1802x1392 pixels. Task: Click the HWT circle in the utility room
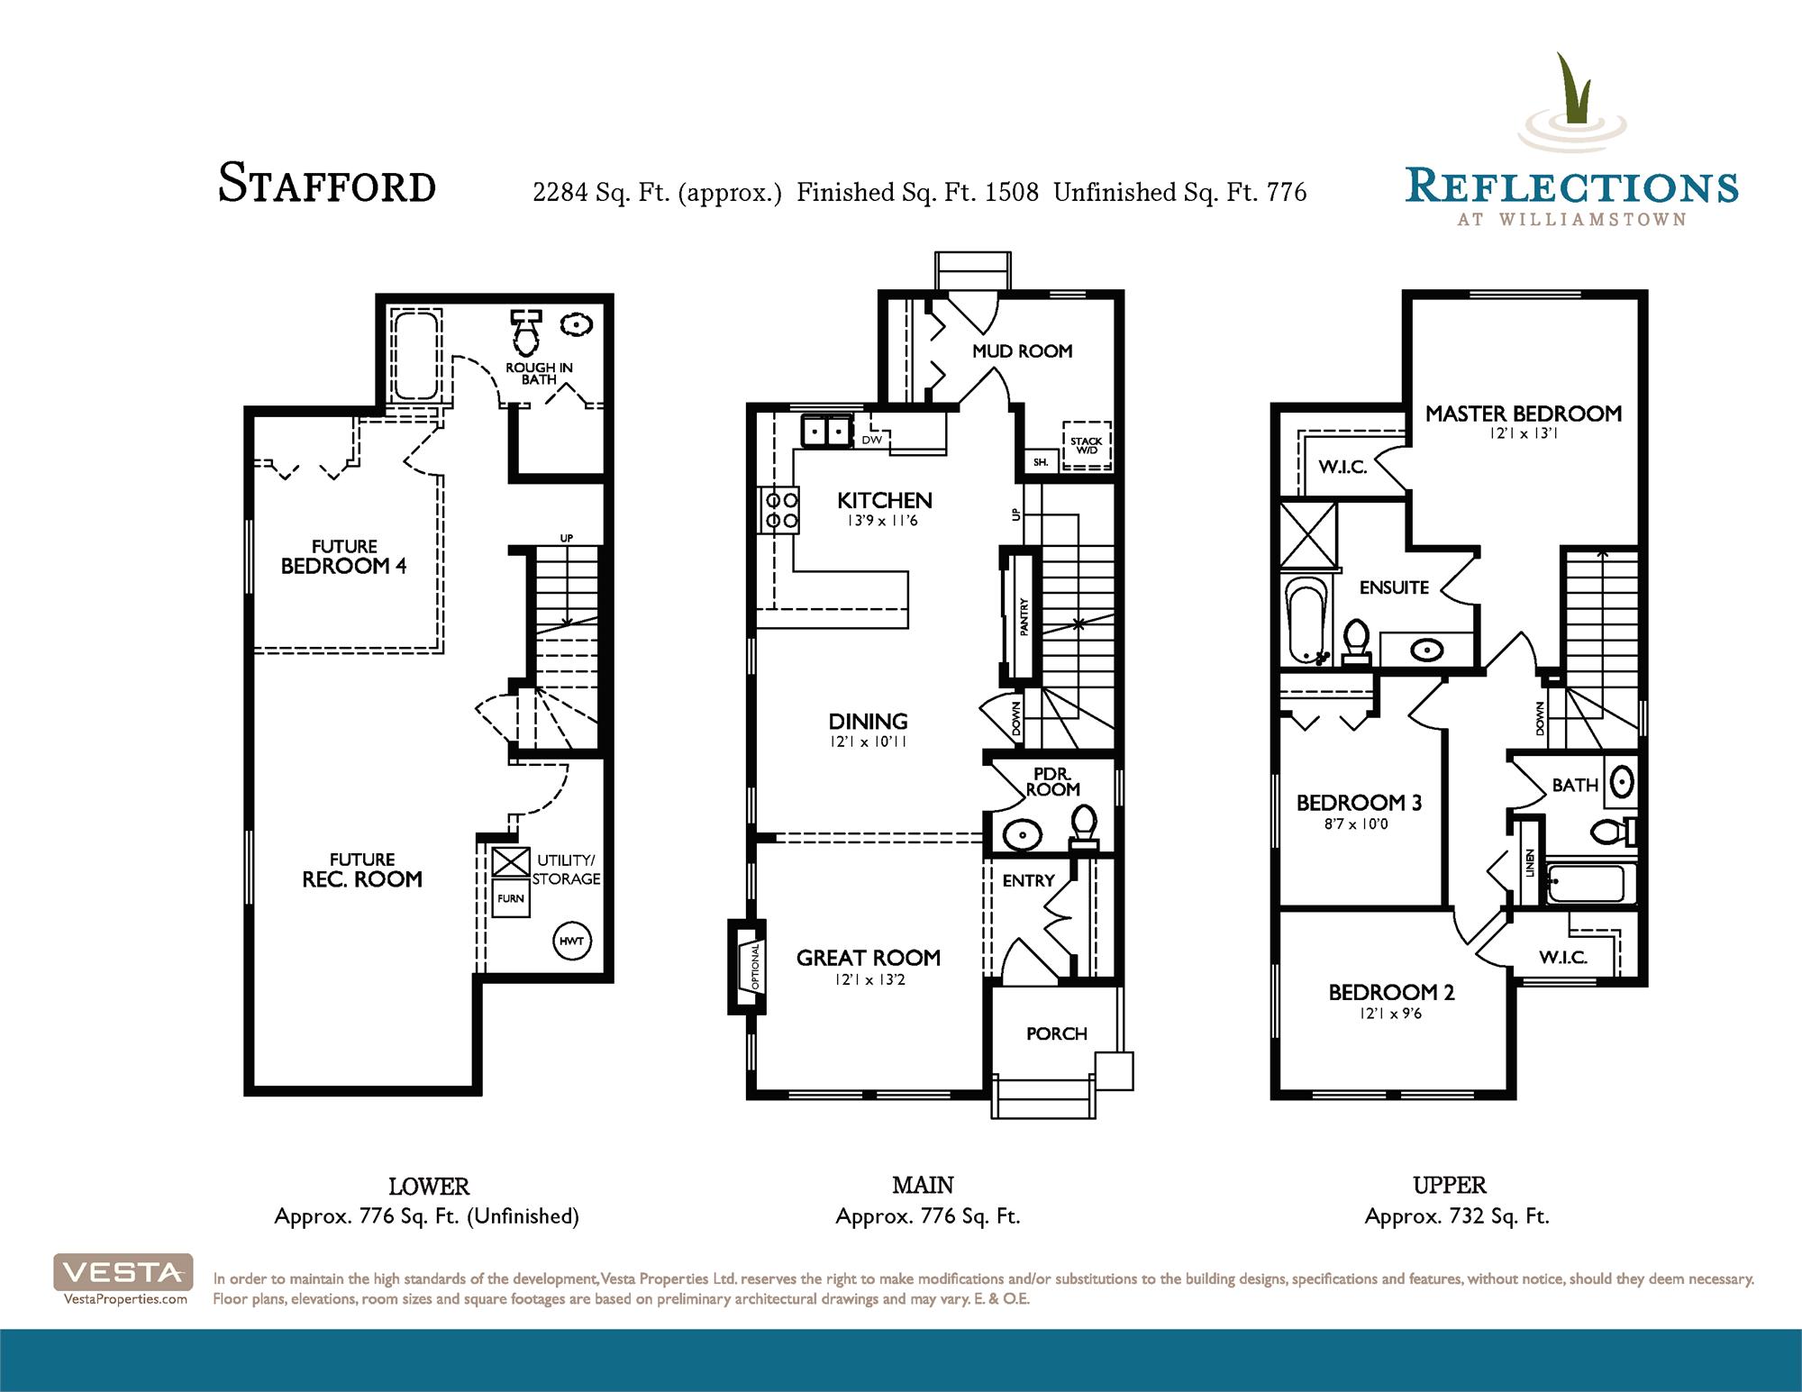pos(571,941)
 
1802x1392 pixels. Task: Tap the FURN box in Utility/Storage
pos(511,898)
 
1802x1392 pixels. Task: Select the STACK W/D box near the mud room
pos(1086,445)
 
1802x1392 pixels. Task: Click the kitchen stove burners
pos(781,509)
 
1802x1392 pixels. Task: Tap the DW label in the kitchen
pos(871,440)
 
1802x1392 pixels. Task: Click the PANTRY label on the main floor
pos(1024,618)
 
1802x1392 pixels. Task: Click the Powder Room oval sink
pos(1023,835)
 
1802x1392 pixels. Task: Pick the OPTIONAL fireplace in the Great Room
pos(748,968)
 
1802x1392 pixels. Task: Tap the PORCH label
pos(1057,1033)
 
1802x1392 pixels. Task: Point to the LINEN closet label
pos(1530,863)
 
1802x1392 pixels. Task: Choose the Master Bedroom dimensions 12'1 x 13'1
pos(1524,433)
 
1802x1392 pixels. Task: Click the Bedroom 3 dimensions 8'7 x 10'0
pos(1356,823)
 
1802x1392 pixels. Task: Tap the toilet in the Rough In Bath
pos(525,332)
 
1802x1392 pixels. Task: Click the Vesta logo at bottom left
pos(123,1271)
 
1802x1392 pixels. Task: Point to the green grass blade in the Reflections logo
pos(1573,87)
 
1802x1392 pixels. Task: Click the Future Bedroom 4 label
pos(344,557)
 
